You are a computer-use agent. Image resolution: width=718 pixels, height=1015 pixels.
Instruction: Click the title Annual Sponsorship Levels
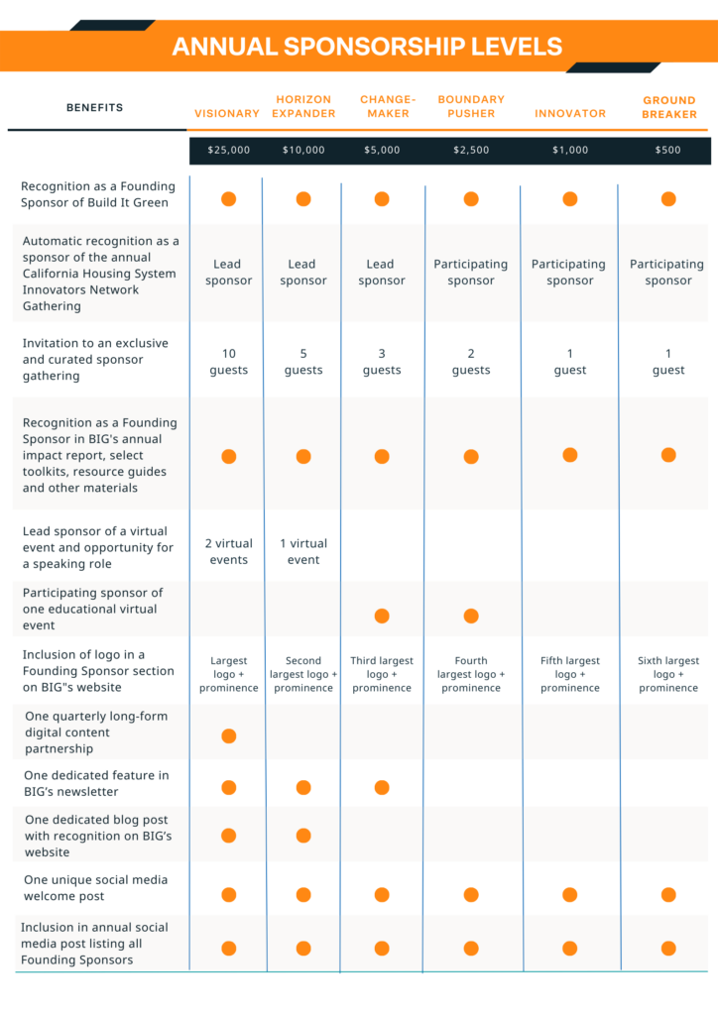tap(367, 47)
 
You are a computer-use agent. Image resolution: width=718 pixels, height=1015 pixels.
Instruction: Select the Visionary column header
tap(227, 113)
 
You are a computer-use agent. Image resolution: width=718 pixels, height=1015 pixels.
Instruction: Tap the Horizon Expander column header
tap(303, 106)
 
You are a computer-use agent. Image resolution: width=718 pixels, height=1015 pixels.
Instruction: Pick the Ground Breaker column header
tap(669, 107)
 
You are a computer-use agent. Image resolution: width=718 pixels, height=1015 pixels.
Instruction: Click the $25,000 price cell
tap(228, 151)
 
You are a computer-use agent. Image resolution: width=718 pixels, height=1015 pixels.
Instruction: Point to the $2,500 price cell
tap(471, 151)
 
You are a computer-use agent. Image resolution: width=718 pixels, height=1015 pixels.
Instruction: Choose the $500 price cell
tap(668, 151)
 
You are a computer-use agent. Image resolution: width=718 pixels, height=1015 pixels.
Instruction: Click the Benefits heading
tap(94, 107)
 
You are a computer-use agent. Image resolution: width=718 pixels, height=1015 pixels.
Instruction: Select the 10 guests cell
tap(228, 362)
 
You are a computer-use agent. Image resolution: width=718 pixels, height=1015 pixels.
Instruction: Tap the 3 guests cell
tap(382, 362)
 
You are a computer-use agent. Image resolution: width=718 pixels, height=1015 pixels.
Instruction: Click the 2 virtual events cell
tap(228, 551)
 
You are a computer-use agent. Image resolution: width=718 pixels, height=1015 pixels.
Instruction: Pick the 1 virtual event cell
tap(303, 551)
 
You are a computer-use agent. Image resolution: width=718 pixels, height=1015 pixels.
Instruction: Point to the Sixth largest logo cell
tap(668, 674)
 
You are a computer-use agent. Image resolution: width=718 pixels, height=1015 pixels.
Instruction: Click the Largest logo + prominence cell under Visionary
tap(228, 674)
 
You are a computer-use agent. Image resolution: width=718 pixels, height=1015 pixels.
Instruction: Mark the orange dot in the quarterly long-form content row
tap(228, 736)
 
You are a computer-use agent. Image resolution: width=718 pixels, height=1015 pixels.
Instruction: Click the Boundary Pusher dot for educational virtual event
tap(471, 616)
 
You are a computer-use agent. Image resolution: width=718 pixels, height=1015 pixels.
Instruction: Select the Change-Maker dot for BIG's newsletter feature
tap(382, 787)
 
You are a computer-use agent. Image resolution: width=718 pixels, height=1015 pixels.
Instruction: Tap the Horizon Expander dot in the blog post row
tap(303, 836)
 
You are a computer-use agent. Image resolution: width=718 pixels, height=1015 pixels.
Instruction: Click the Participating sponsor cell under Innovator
tap(569, 272)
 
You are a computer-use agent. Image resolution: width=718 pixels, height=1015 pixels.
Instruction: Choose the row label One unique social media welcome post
tap(96, 888)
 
